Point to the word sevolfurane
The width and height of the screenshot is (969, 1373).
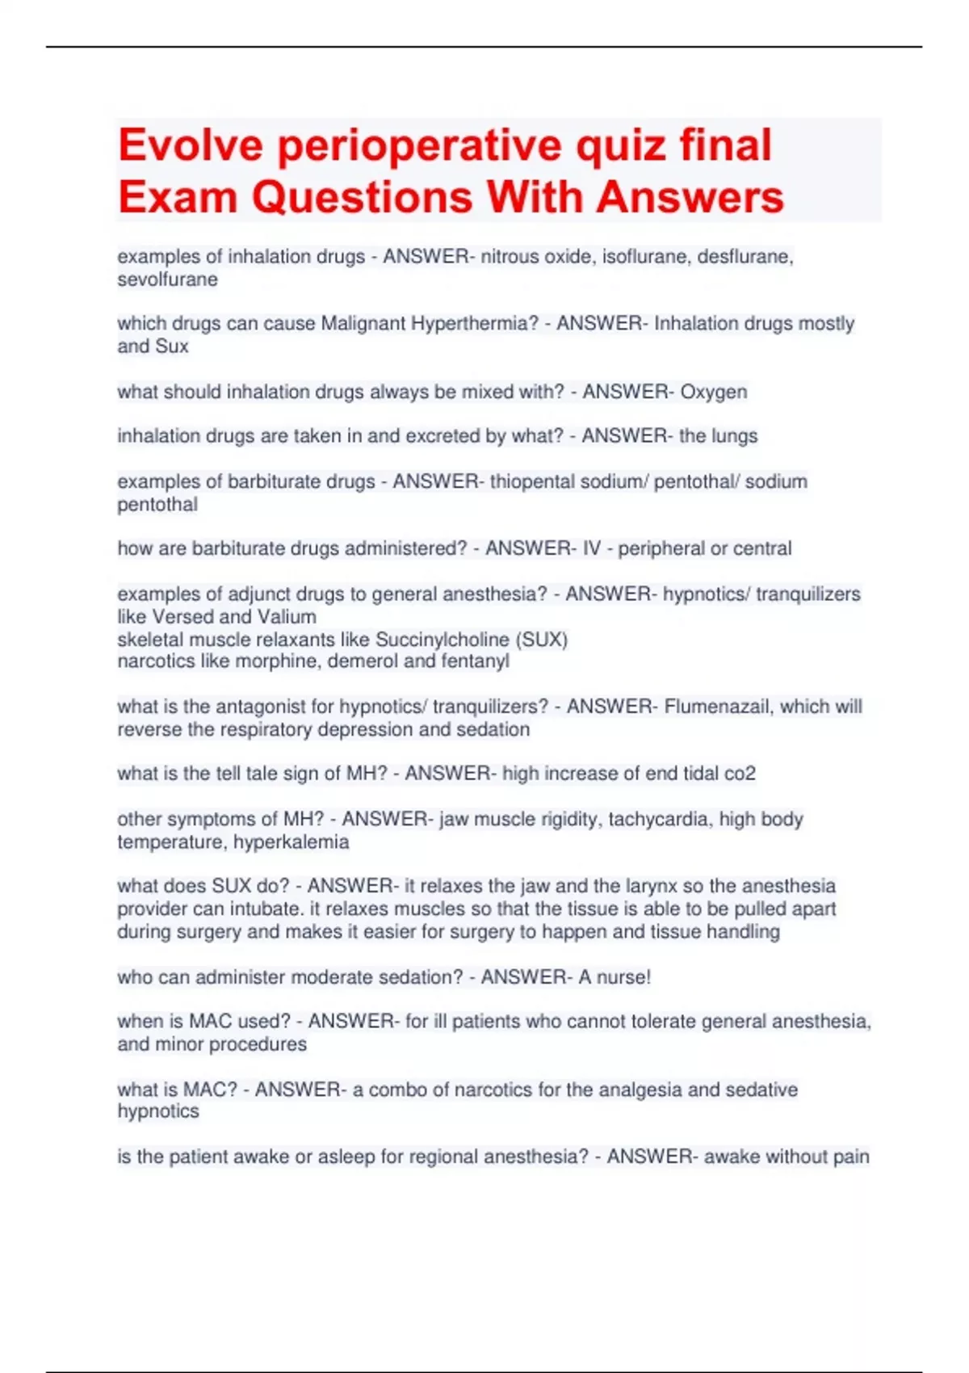coord(167,279)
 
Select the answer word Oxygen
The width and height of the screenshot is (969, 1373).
coord(713,392)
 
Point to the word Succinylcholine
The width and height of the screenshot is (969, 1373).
coord(443,640)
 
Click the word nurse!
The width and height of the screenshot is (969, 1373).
coord(623,977)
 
